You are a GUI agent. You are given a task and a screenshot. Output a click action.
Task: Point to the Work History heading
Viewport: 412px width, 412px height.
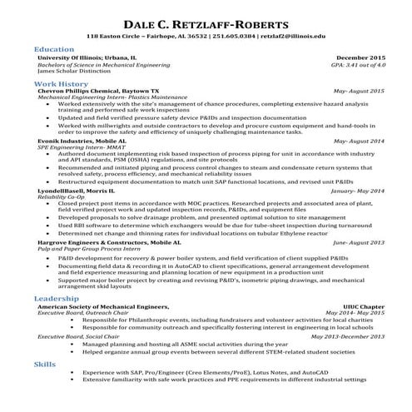click(61, 84)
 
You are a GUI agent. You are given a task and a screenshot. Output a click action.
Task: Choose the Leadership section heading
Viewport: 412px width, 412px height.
click(57, 297)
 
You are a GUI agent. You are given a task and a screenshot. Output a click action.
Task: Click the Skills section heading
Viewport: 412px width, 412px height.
click(45, 365)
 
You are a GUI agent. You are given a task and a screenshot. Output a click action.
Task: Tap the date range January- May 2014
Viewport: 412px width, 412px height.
click(358, 191)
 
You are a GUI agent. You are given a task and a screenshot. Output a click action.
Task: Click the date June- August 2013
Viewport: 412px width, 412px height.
click(359, 242)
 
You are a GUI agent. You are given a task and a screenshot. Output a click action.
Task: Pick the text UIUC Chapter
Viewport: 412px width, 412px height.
click(364, 306)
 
